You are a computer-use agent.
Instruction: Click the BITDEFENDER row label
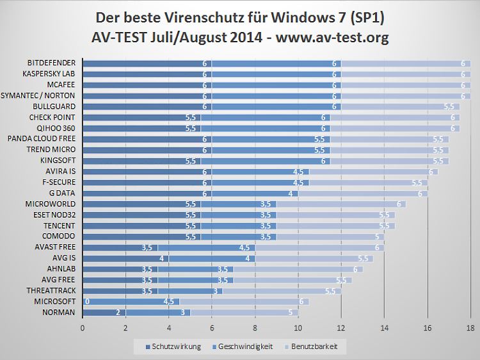pyautogui.click(x=51, y=63)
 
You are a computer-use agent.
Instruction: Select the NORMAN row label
pyautogui.click(x=60, y=313)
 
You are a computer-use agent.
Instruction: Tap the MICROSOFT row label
pyautogui.click(x=55, y=302)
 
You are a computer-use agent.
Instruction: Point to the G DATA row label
pyautogui.click(x=62, y=193)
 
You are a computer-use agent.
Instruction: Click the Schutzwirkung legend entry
pyautogui.click(x=172, y=347)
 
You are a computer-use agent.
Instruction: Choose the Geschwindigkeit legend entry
pyautogui.click(x=242, y=347)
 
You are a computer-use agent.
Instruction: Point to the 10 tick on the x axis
pyautogui.click(x=298, y=328)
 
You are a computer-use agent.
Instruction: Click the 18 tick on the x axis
pyautogui.click(x=470, y=328)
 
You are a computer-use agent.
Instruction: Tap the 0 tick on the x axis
pyautogui.click(x=83, y=328)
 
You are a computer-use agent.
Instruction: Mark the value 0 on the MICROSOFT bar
pyautogui.click(x=86, y=302)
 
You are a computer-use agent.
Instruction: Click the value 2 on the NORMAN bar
pyautogui.click(x=117, y=313)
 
